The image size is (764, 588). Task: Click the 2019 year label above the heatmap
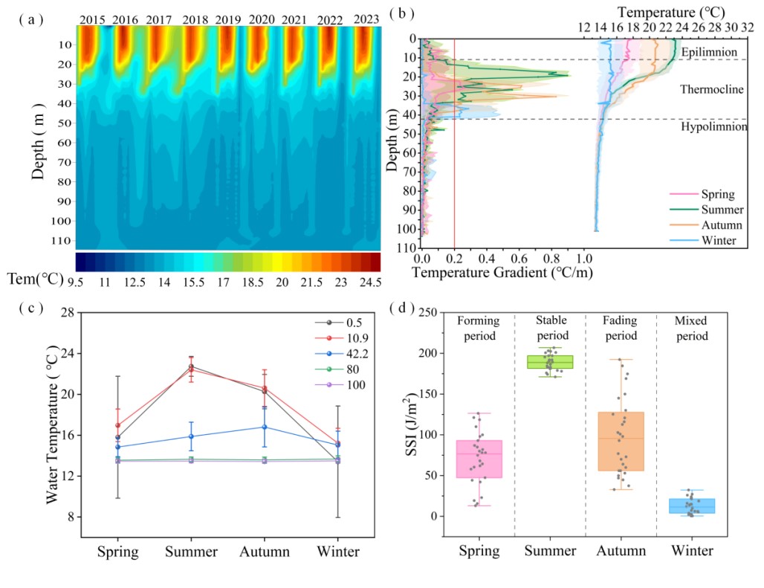(x=228, y=19)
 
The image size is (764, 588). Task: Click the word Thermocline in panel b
(x=712, y=90)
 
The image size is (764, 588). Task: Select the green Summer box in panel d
(x=550, y=362)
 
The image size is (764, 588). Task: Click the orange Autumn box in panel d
(x=621, y=441)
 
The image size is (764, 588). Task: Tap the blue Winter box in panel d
(x=691, y=506)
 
